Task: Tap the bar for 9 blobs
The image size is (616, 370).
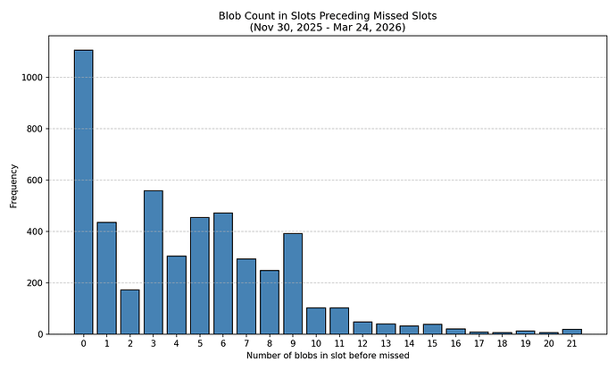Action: click(x=293, y=283)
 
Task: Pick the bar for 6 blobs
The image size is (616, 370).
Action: click(x=222, y=273)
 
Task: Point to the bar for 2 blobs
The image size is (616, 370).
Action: click(x=129, y=312)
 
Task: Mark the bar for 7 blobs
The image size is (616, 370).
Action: click(x=246, y=297)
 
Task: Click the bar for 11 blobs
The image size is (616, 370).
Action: click(x=339, y=321)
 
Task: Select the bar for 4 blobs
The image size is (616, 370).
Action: click(x=176, y=295)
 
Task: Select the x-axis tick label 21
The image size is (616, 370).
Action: click(x=571, y=342)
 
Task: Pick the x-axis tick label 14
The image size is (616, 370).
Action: click(x=409, y=342)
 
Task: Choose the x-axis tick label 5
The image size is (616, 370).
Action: click(x=199, y=342)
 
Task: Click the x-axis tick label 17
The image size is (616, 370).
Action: click(x=479, y=342)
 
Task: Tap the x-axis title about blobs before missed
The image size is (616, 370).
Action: click(x=327, y=356)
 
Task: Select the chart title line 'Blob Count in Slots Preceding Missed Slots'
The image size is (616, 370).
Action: click(x=327, y=15)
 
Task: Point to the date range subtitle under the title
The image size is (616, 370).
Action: click(x=327, y=27)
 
